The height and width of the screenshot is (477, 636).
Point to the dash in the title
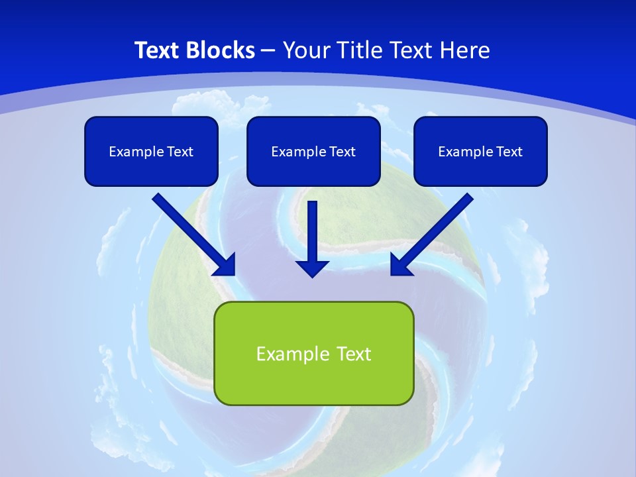pos(268,51)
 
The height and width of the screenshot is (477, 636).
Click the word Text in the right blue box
pos(509,152)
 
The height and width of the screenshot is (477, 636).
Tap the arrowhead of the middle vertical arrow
pos(313,268)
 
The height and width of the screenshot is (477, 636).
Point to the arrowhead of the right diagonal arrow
pos(400,266)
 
